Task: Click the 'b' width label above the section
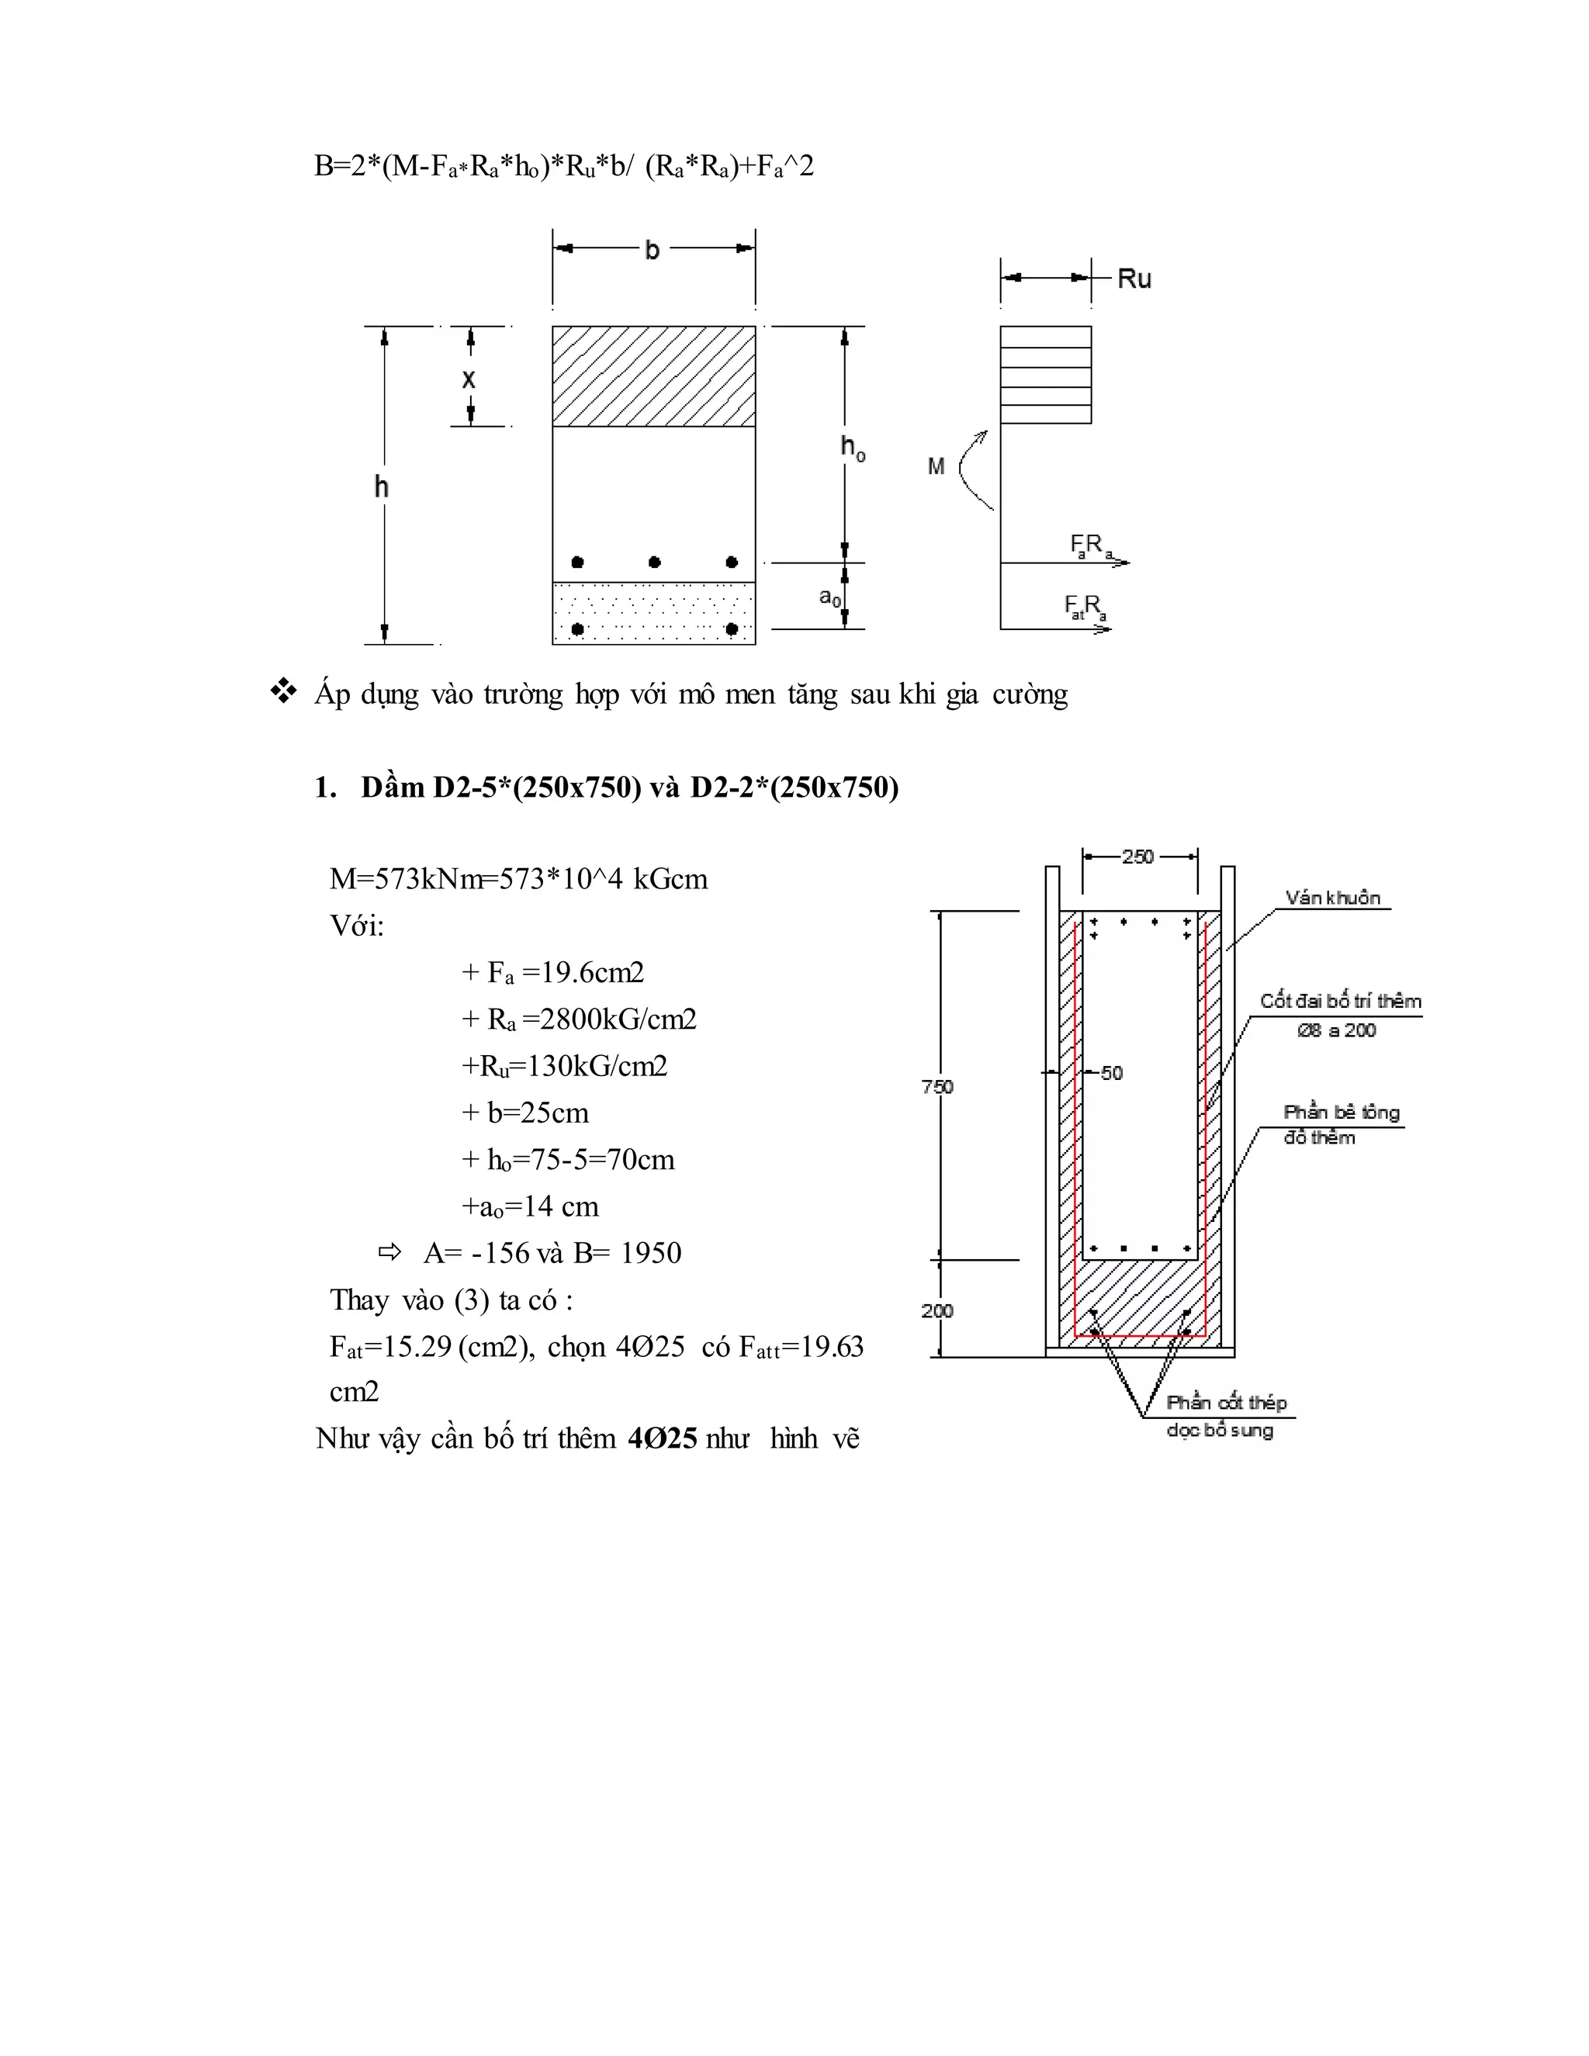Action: tap(652, 251)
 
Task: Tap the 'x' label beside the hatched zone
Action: tap(469, 379)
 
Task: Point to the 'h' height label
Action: tap(381, 486)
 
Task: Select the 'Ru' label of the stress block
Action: tap(1134, 279)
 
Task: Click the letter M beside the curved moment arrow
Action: tap(936, 466)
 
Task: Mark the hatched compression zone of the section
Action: tap(653, 376)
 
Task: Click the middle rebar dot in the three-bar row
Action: tap(654, 562)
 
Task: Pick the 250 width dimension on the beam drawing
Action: tap(1138, 857)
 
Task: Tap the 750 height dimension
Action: tap(937, 1087)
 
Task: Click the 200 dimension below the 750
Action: tap(937, 1310)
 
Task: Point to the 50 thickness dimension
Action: tap(1112, 1073)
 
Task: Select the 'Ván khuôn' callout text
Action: tap(1333, 898)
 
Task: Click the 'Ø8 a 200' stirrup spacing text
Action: tap(1336, 1031)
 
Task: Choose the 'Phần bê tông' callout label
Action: tap(1341, 1113)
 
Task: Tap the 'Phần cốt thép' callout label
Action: tap(1226, 1403)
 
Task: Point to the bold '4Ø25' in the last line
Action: tap(662, 1438)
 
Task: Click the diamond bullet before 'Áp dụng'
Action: tap(282, 693)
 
